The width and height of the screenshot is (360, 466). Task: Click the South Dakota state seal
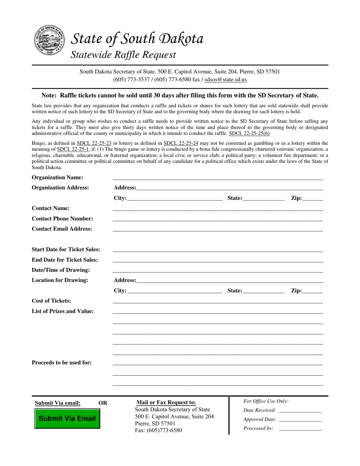48,40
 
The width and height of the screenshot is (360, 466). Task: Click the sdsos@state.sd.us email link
225,80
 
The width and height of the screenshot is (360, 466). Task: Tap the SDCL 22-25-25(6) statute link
249,133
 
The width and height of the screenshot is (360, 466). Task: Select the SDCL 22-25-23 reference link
94,143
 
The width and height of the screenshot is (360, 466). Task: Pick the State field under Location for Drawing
264,291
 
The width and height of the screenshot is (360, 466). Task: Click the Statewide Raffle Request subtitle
124,55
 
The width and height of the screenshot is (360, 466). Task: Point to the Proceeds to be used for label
62,363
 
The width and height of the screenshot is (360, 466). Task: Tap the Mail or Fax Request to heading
166,402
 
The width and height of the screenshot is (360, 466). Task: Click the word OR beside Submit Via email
103,403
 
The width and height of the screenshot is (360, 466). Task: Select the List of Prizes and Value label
63,311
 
